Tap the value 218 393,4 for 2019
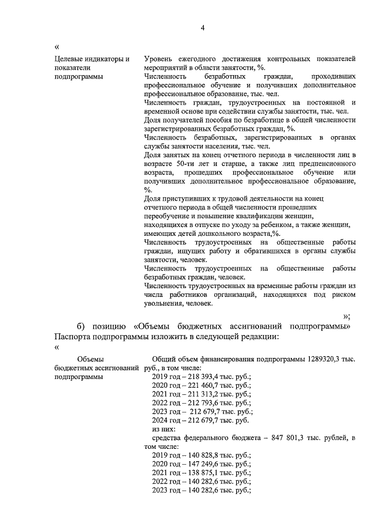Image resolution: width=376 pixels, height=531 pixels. pyautogui.click(x=201, y=377)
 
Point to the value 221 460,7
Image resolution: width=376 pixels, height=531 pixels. pyautogui.click(x=201, y=386)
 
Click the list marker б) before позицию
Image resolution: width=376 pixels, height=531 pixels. pyautogui.click(x=82, y=326)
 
